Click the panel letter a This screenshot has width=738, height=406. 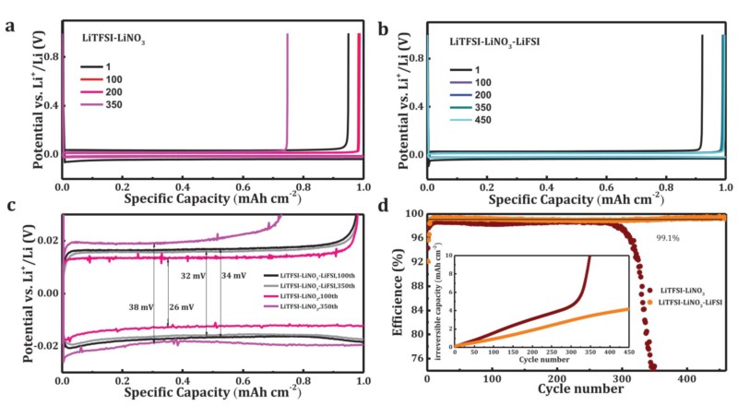point(9,25)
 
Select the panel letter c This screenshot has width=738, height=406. point(9,205)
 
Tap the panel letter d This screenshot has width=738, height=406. point(382,204)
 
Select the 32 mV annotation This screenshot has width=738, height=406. point(193,276)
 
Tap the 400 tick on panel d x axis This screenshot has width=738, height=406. point(686,378)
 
